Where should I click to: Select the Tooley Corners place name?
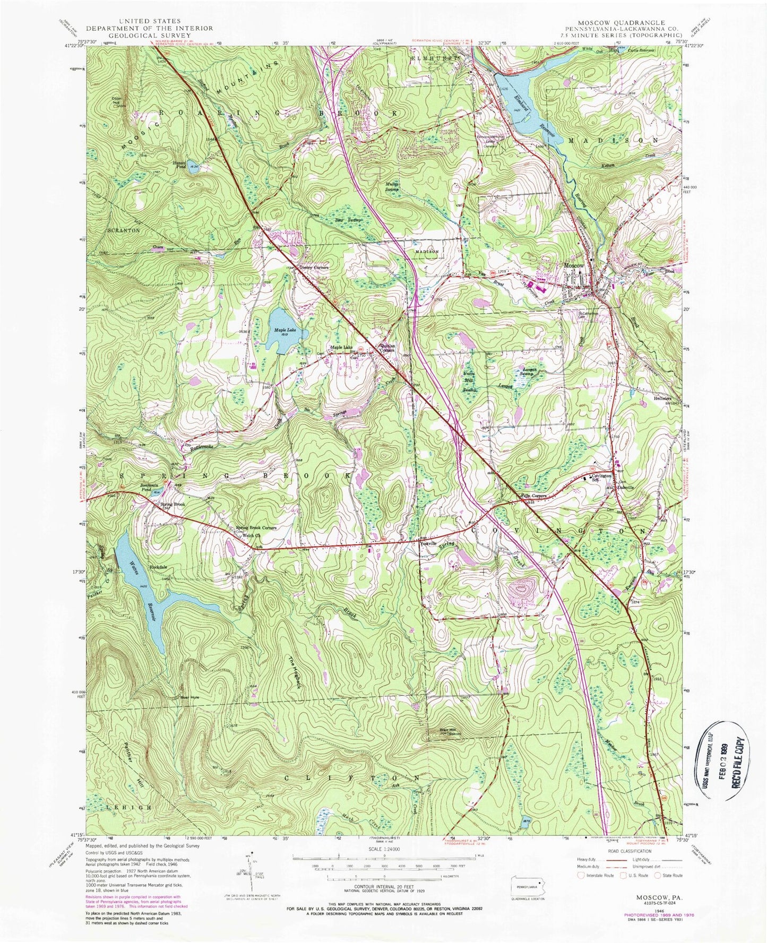pos(314,267)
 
